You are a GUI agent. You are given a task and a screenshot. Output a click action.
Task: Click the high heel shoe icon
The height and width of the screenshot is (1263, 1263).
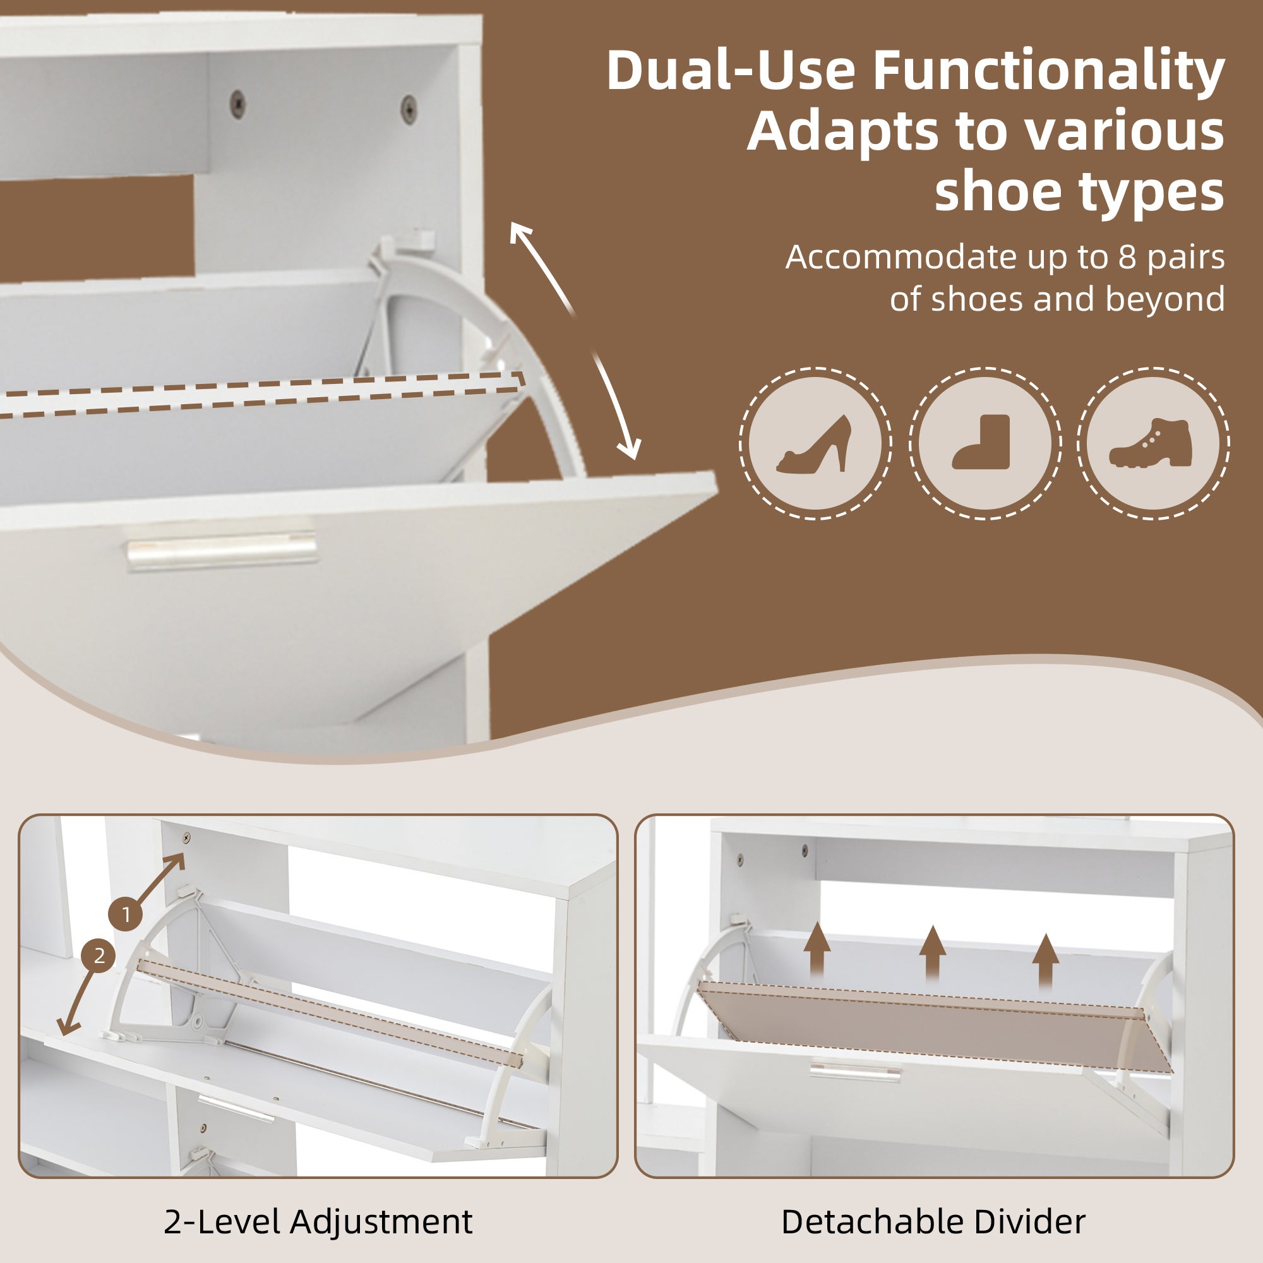[814, 444]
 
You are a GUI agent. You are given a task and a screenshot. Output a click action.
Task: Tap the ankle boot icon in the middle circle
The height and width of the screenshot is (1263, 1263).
[981, 442]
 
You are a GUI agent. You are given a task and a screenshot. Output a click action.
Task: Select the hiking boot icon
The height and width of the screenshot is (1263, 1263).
[1151, 443]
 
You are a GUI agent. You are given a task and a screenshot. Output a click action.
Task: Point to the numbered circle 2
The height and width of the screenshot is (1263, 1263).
[99, 956]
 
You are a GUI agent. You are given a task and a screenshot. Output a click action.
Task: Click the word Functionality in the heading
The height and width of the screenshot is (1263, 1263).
[1048, 71]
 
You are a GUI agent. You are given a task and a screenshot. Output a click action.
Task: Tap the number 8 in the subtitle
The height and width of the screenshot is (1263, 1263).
[1128, 257]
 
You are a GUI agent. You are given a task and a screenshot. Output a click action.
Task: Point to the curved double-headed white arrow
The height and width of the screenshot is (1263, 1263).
[575, 340]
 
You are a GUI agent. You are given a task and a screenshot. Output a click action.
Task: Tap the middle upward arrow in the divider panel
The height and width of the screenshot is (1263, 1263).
[932, 955]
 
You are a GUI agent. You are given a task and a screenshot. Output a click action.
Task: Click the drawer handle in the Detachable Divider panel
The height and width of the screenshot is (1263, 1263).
[855, 1070]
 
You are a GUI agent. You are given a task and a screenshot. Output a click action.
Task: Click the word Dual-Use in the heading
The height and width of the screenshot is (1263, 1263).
[731, 71]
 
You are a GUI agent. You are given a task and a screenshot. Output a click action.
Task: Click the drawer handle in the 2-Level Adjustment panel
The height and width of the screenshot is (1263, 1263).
[236, 1109]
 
